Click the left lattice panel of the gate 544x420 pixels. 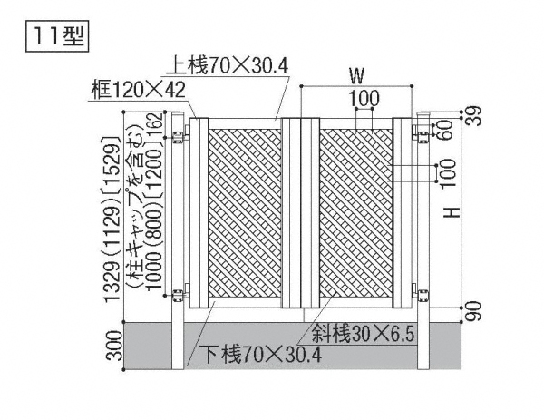245,213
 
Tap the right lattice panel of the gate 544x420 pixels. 356,213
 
